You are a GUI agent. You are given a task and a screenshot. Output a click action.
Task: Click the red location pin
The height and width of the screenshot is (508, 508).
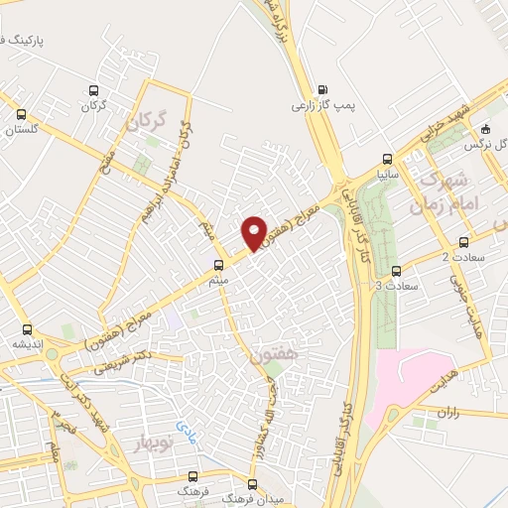(x=254, y=232)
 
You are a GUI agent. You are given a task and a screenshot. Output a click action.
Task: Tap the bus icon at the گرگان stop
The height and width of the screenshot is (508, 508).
(x=93, y=89)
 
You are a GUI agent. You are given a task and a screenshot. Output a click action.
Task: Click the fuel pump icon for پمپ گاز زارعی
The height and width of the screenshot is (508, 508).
(x=321, y=87)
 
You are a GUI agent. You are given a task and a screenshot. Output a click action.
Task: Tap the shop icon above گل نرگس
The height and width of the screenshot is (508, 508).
(x=484, y=128)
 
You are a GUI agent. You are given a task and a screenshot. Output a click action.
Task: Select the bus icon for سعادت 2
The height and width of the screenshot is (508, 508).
(x=463, y=243)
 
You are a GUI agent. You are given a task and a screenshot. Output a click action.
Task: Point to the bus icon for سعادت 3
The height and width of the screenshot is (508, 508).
(x=397, y=270)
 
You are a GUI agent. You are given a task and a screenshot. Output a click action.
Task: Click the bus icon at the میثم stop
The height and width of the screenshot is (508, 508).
(x=218, y=265)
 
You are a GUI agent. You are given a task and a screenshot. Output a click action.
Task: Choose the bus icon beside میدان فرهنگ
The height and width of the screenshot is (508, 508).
(x=252, y=485)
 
